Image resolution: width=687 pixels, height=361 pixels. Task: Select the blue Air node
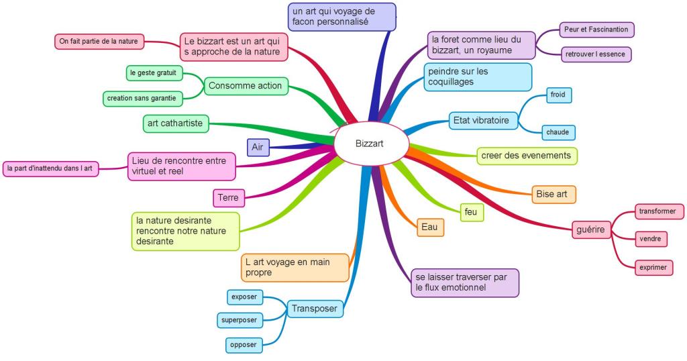(x=258, y=146)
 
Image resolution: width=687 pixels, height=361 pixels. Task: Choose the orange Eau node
(x=430, y=227)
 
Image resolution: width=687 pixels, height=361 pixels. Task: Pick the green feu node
(x=471, y=211)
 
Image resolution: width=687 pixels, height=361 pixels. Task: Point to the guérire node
(x=590, y=230)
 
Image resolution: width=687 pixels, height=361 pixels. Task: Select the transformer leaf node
(x=658, y=211)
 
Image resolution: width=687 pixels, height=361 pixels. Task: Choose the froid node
(x=558, y=95)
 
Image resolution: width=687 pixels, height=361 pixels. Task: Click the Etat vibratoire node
(x=483, y=121)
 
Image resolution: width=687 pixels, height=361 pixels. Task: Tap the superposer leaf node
(x=241, y=319)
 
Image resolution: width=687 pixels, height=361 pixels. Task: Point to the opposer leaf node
(x=243, y=345)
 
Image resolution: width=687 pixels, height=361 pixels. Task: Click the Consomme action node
(x=246, y=86)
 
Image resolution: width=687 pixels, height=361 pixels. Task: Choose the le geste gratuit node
(x=154, y=72)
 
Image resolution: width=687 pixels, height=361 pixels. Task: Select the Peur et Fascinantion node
(x=596, y=30)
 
